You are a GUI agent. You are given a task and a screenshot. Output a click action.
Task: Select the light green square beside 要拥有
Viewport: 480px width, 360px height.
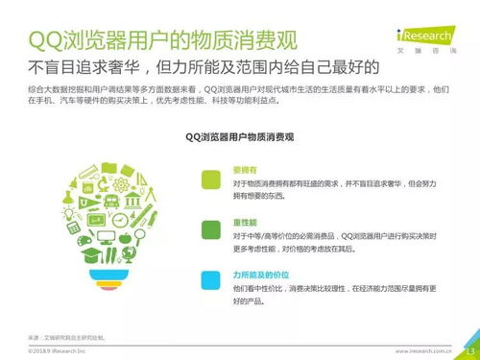click(209, 180)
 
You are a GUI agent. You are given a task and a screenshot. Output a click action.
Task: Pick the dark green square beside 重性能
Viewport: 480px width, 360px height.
click(209, 228)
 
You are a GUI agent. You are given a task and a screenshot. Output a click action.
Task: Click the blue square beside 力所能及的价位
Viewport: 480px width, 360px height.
click(209, 277)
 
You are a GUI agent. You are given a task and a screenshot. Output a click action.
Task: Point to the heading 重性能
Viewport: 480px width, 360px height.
click(244, 221)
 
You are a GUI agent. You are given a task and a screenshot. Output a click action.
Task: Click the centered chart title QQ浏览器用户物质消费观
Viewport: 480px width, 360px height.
click(239, 138)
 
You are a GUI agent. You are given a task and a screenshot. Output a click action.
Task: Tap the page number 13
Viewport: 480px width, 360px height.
click(470, 350)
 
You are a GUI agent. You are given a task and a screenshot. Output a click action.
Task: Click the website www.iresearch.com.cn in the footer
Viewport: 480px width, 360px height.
click(423, 351)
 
